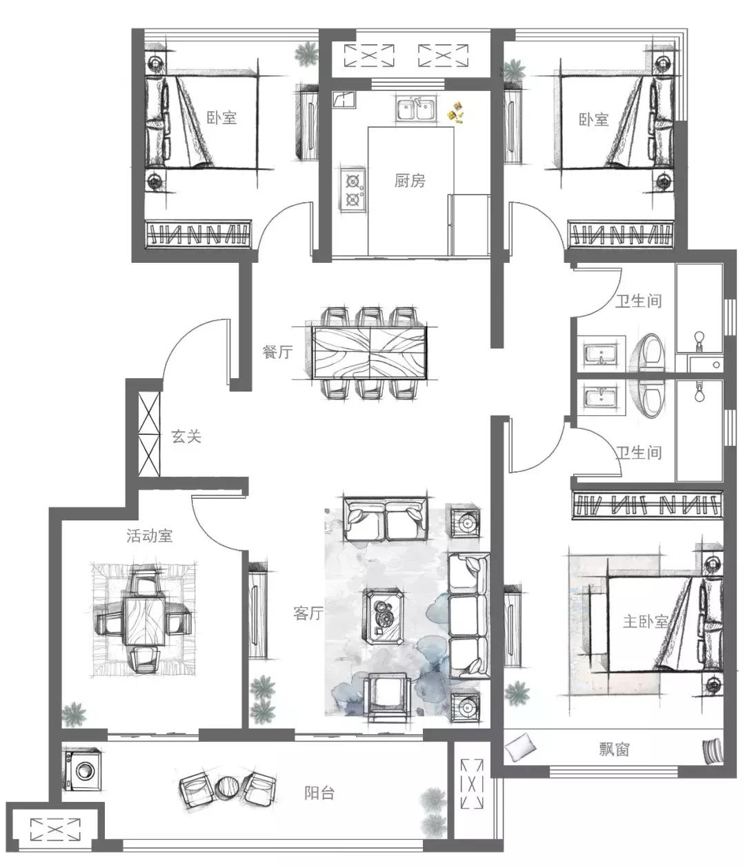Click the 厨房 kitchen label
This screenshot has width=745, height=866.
click(x=410, y=181)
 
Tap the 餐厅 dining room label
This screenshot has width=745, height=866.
click(x=277, y=351)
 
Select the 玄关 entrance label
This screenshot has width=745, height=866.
click(x=186, y=437)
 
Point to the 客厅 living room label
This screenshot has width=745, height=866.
click(x=308, y=613)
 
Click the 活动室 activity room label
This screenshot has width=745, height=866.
click(x=150, y=536)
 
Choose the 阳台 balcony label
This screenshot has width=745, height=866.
click(x=319, y=793)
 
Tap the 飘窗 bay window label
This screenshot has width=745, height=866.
click(x=614, y=749)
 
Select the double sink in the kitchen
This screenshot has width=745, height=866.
click(x=417, y=109)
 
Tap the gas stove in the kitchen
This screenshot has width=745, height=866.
click(x=352, y=188)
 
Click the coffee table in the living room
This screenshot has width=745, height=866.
click(x=383, y=616)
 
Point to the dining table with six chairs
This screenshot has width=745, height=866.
click(x=369, y=353)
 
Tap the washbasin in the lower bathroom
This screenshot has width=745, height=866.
click(x=601, y=395)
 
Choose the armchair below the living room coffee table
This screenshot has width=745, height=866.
click(x=388, y=696)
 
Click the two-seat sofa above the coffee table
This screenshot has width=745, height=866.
click(x=384, y=520)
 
